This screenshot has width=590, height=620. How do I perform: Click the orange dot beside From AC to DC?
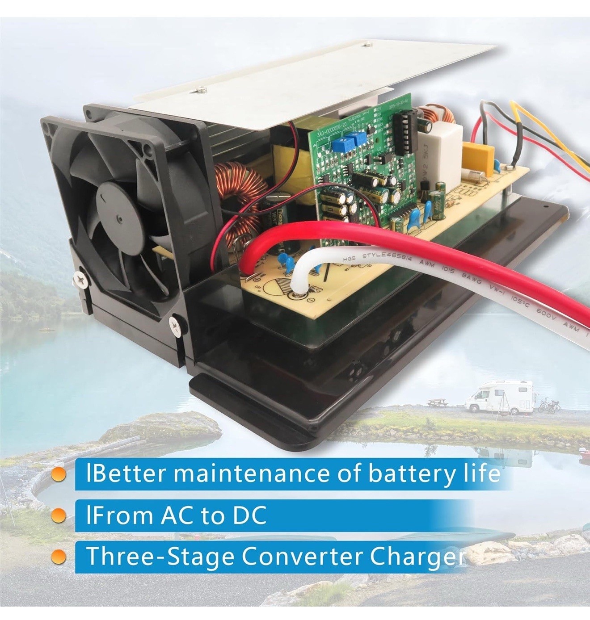point(59,516)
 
